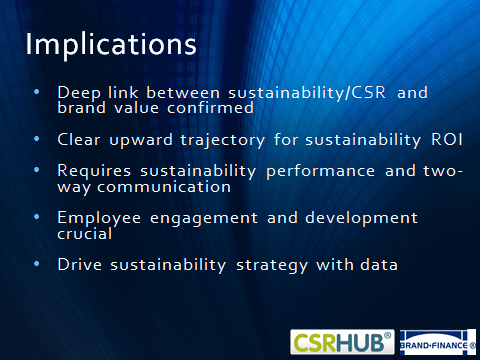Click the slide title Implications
tap(111, 45)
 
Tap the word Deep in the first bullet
tap(79, 93)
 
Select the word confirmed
tap(210, 108)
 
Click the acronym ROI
tap(447, 140)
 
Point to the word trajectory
tap(223, 141)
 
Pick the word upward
tap(141, 141)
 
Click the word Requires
tap(94, 171)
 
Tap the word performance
tap(320, 172)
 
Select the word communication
tap(164, 187)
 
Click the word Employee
tap(99, 219)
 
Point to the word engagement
tap(204, 219)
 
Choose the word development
tap(361, 218)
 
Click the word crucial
tap(85, 233)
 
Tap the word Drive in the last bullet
tap(80, 265)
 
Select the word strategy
tap(272, 266)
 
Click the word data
tap(379, 265)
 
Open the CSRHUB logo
tap(342, 342)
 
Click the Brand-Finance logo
tap(438, 342)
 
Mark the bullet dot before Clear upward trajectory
tap(37, 139)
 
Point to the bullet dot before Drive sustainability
tap(37, 264)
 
